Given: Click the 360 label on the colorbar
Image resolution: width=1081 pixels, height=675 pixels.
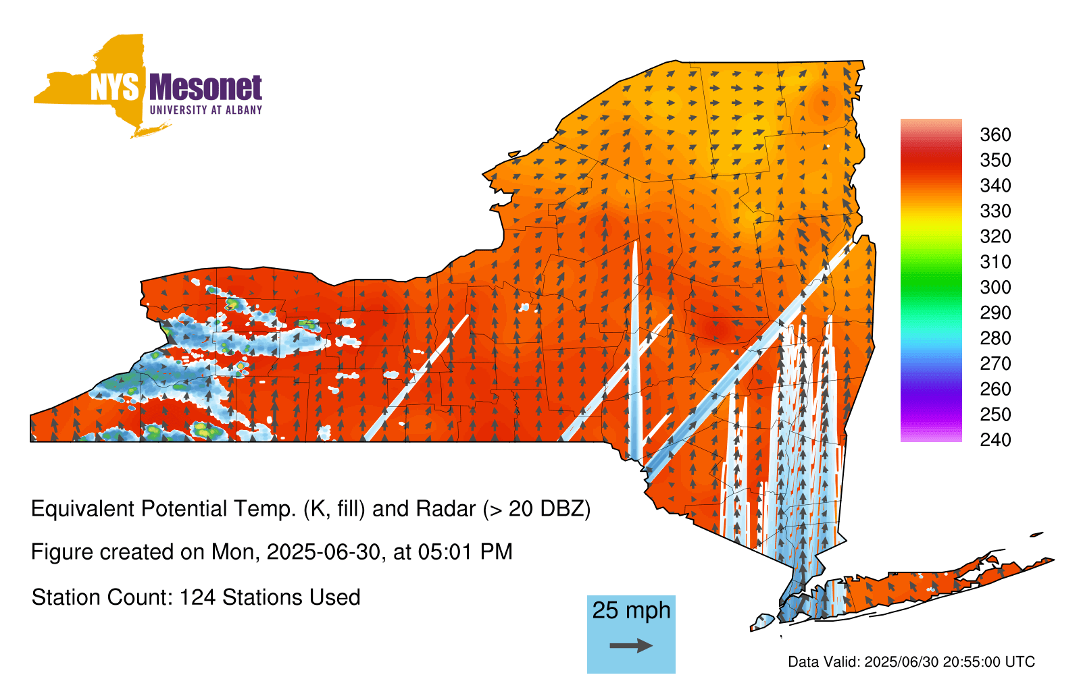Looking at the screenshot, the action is [995, 134].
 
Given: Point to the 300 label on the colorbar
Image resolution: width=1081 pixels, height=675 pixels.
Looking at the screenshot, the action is [995, 288].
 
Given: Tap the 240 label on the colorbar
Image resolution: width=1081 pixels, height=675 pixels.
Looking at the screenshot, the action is [995, 439].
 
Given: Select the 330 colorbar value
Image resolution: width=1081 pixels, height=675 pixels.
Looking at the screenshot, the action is [995, 211].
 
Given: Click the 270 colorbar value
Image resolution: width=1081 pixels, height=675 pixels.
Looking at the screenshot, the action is [995, 364].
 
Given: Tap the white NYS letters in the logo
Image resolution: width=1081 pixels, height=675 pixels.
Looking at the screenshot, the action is [114, 87].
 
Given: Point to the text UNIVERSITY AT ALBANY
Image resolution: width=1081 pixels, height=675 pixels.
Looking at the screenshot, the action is [205, 110].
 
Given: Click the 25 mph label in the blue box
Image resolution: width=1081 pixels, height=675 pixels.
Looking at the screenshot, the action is [631, 610].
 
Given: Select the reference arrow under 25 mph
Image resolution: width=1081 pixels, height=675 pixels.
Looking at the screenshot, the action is [631, 645].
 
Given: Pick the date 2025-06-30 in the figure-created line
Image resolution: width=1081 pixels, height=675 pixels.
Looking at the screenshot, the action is [324, 552].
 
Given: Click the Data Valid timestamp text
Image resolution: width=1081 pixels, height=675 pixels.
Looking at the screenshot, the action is [911, 661].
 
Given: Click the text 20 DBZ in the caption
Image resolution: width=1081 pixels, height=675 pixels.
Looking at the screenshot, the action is [546, 509].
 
